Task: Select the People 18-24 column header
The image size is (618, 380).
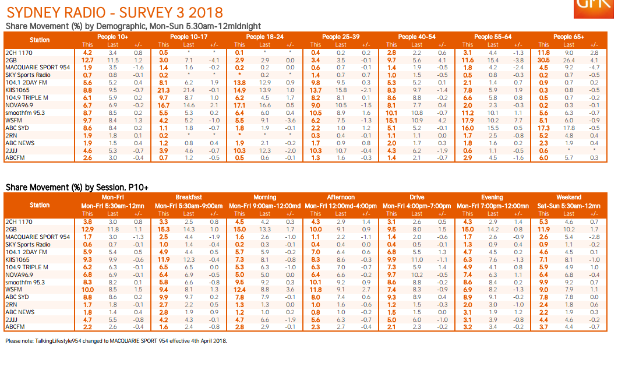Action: pos(264,37)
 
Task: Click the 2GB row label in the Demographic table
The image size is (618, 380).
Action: pos(11,60)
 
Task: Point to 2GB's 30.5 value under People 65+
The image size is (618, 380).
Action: pos(543,60)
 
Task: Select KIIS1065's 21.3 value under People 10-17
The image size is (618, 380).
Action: pos(164,90)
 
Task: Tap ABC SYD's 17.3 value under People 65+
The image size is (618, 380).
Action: pos(543,128)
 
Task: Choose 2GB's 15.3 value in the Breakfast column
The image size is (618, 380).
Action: pos(164,229)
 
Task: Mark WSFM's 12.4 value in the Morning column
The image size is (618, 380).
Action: pos(239,290)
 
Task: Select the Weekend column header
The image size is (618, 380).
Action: pos(568,198)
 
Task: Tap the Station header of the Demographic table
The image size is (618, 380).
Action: pos(40,40)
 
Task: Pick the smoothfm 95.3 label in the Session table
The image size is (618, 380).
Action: pos(24,282)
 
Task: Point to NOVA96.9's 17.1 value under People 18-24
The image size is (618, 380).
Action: pos(239,105)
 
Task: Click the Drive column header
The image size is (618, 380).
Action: pos(416,198)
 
